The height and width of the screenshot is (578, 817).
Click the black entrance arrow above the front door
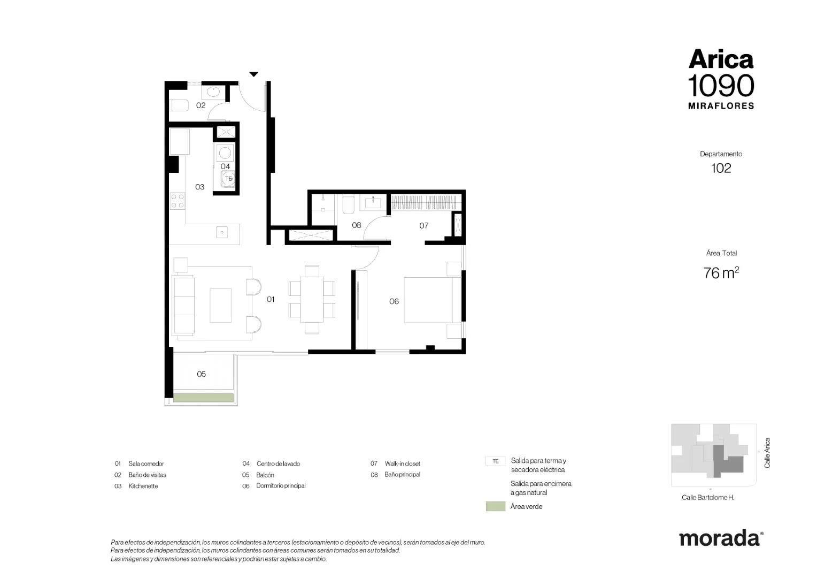coord(254,74)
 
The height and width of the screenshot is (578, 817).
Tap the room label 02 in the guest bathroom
coord(201,105)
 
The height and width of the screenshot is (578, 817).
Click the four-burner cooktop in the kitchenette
coord(178,201)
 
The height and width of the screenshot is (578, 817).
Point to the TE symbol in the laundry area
coord(228,179)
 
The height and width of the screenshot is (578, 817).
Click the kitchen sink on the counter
coord(222,232)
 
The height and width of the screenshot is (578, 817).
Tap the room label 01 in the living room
coord(270,299)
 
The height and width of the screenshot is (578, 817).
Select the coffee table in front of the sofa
coord(220,305)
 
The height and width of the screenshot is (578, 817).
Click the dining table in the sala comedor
coord(312,299)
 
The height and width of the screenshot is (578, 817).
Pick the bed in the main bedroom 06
coord(433,300)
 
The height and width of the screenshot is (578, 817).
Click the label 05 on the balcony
coord(202,374)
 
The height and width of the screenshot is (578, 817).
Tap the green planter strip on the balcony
coord(203,398)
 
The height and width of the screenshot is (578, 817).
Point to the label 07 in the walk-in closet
coord(424,226)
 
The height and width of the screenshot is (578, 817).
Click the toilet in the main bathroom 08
coord(348,205)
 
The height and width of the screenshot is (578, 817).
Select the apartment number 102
coord(721,169)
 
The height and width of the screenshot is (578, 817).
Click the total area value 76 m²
coord(721,273)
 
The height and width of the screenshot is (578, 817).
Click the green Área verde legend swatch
coord(495,506)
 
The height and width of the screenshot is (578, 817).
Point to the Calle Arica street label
coord(767,453)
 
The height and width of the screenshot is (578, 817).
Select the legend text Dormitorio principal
coord(281,485)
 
